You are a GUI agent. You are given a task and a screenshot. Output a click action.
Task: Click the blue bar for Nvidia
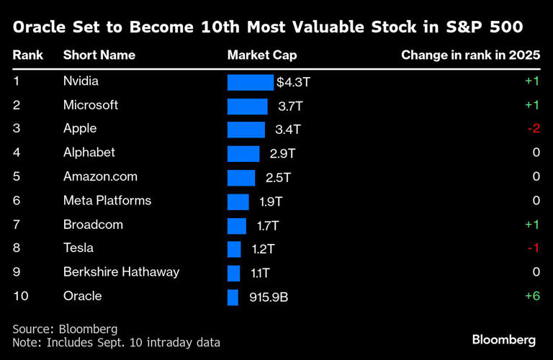pyautogui.click(x=250, y=82)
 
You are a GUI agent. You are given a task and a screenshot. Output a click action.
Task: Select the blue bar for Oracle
pyautogui.click(x=233, y=297)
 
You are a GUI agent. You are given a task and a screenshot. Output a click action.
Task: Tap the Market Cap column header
pyautogui.click(x=261, y=55)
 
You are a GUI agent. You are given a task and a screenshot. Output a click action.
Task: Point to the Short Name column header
pyautogui.click(x=99, y=55)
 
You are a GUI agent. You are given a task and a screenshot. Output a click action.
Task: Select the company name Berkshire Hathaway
pyautogui.click(x=121, y=272)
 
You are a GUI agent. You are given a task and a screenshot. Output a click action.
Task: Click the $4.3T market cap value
pyautogui.click(x=293, y=82)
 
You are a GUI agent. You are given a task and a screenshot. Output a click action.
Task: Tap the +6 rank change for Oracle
pyautogui.click(x=531, y=297)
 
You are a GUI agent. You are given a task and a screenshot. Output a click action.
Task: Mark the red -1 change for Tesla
pyautogui.click(x=533, y=248)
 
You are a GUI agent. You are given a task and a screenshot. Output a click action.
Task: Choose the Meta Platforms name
pyautogui.click(x=107, y=201)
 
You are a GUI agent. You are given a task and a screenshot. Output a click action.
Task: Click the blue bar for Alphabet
pyautogui.click(x=243, y=153)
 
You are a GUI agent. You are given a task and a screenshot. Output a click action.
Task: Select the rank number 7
pyautogui.click(x=17, y=225)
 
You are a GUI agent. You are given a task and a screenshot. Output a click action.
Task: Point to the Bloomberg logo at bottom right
pyautogui.click(x=503, y=339)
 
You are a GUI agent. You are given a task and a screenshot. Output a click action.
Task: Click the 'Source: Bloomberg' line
pyautogui.click(x=64, y=329)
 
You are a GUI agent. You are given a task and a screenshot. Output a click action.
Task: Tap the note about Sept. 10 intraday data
pyautogui.click(x=116, y=343)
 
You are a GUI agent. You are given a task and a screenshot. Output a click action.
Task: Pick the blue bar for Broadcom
pyautogui.click(x=236, y=225)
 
